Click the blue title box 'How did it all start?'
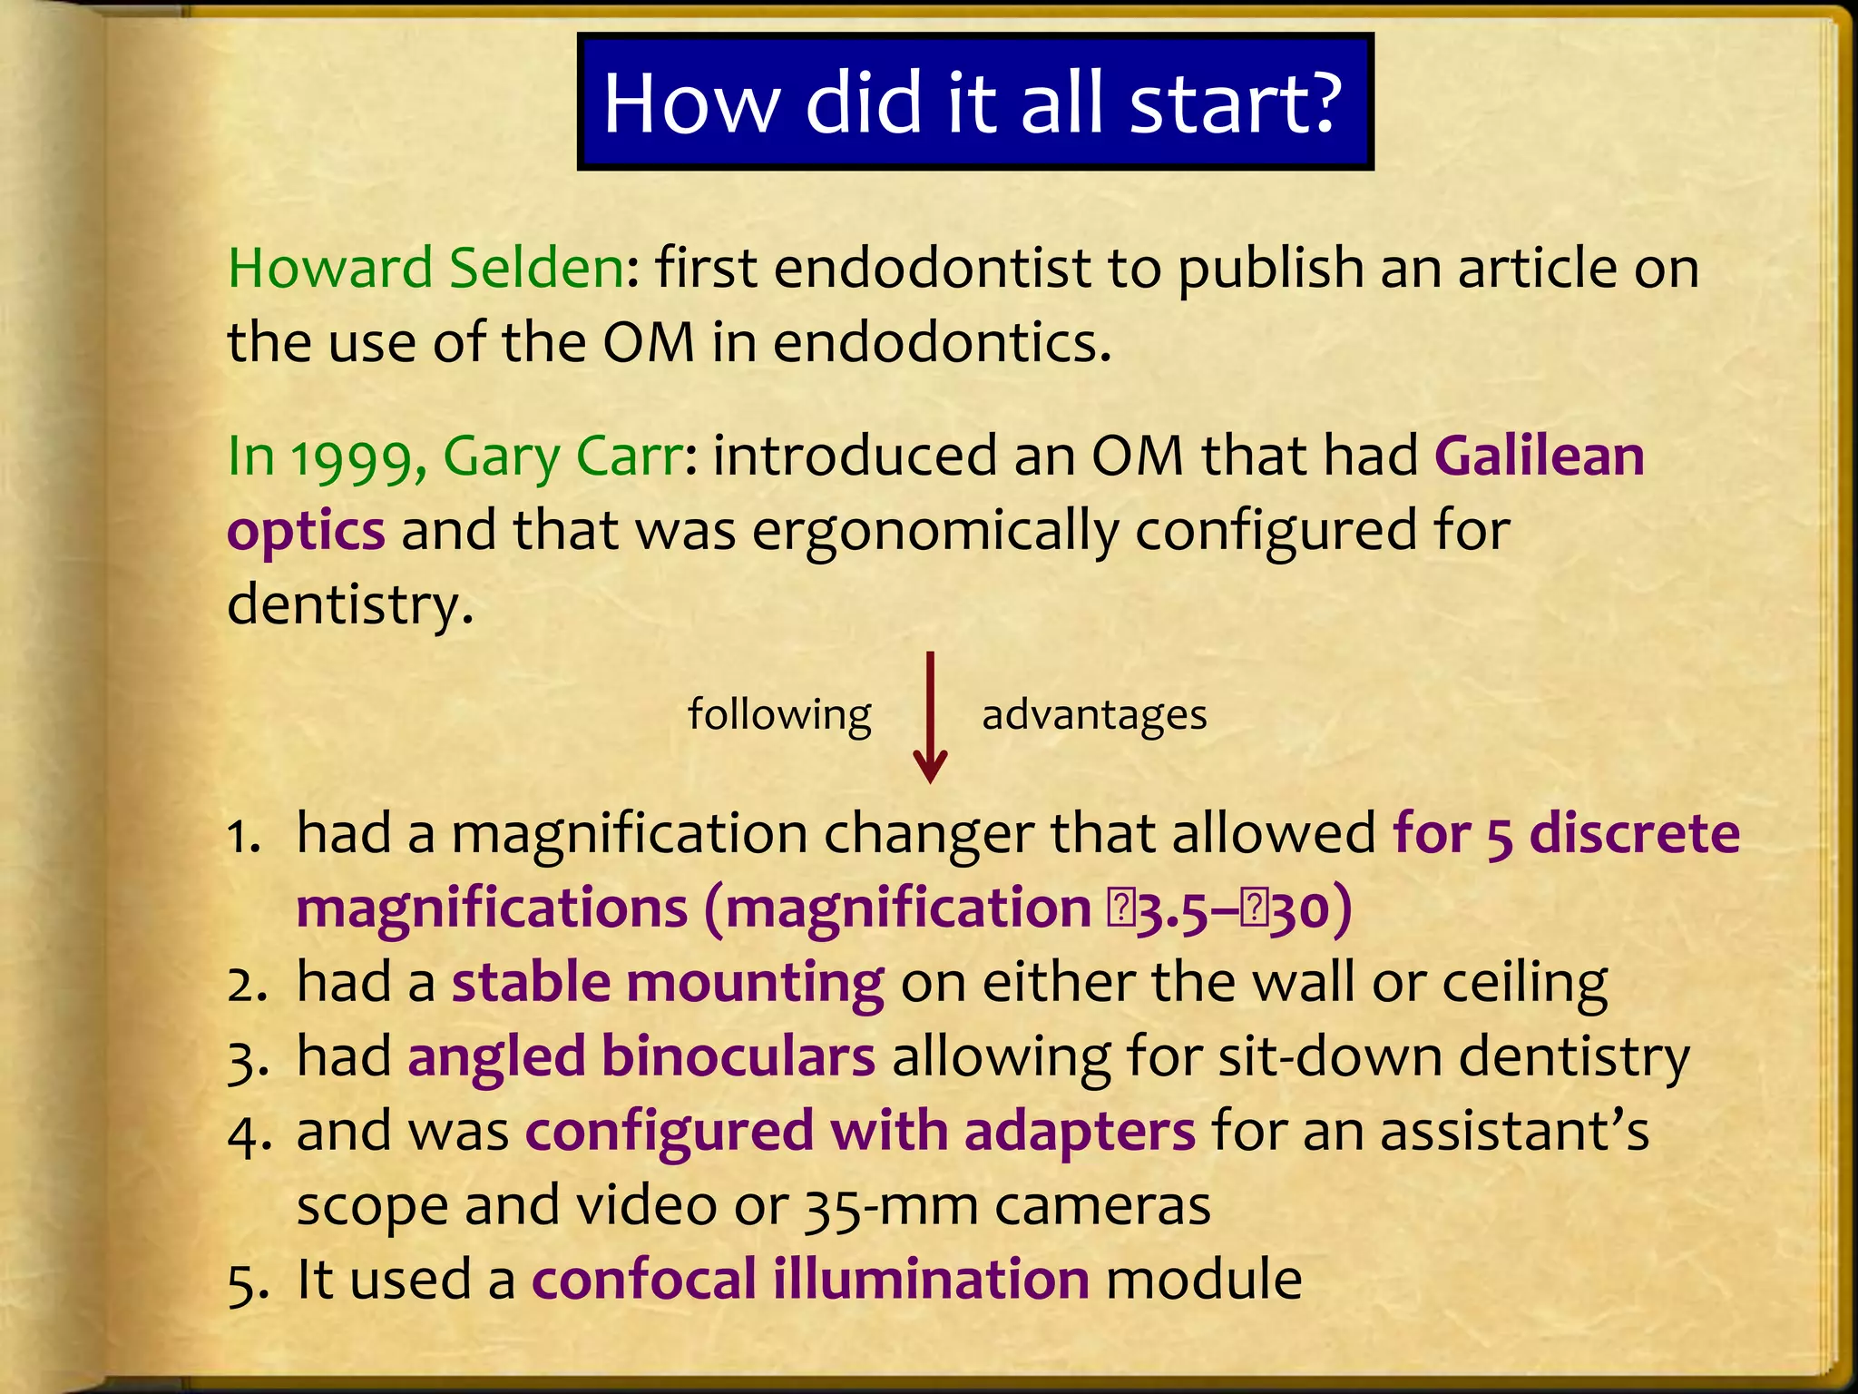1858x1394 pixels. tap(974, 102)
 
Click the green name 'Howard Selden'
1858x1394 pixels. tap(425, 269)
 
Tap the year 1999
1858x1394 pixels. tap(357, 457)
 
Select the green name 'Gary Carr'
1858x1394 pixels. tap(562, 457)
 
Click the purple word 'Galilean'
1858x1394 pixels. tap(1540, 456)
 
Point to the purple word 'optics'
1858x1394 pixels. tap(306, 532)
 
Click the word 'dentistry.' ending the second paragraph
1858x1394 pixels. tap(350, 606)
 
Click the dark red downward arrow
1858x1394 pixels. tap(930, 717)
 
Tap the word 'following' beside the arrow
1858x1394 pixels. tap(779, 714)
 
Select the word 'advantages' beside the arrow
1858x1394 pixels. tap(1094, 715)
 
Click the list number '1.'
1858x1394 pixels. tap(243, 836)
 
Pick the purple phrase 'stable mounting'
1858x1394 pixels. tap(668, 984)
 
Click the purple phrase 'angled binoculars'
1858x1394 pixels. tap(641, 1058)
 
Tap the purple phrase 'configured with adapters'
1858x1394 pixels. tap(860, 1133)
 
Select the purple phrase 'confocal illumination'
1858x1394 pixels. tap(810, 1281)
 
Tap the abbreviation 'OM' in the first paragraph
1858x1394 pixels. tap(649, 344)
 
